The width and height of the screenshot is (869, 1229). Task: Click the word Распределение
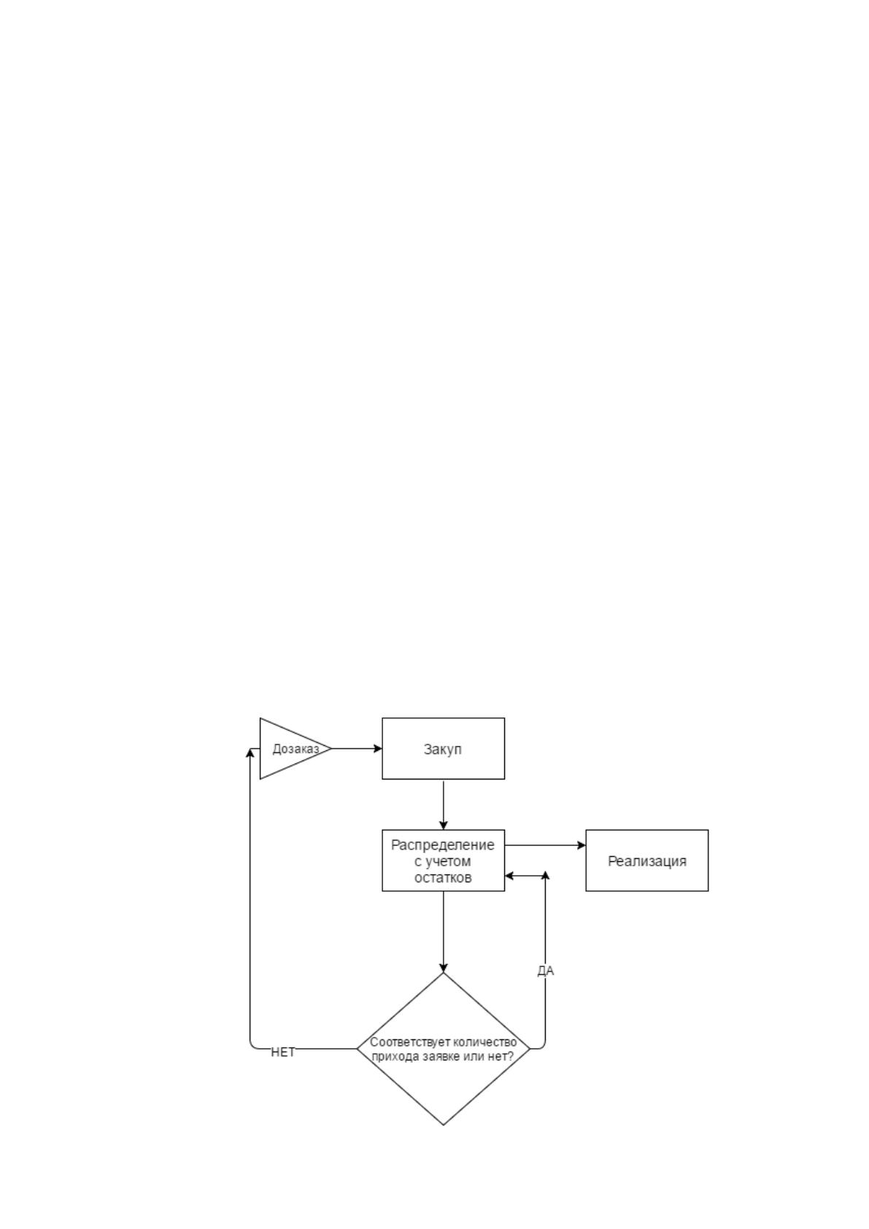coord(443,845)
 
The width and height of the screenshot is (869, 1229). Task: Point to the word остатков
coord(443,877)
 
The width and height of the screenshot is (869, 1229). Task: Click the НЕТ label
coord(283,1052)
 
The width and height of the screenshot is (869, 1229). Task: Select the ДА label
coord(545,971)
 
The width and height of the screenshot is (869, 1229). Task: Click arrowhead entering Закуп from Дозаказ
coord(377,748)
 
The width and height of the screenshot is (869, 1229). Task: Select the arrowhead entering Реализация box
coord(581,846)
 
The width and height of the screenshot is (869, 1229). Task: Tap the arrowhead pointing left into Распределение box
coord(509,876)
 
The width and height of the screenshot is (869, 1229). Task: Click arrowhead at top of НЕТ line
coord(250,752)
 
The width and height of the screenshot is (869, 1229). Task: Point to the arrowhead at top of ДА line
coord(545,875)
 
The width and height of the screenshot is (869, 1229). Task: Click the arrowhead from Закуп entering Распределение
coord(444,825)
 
